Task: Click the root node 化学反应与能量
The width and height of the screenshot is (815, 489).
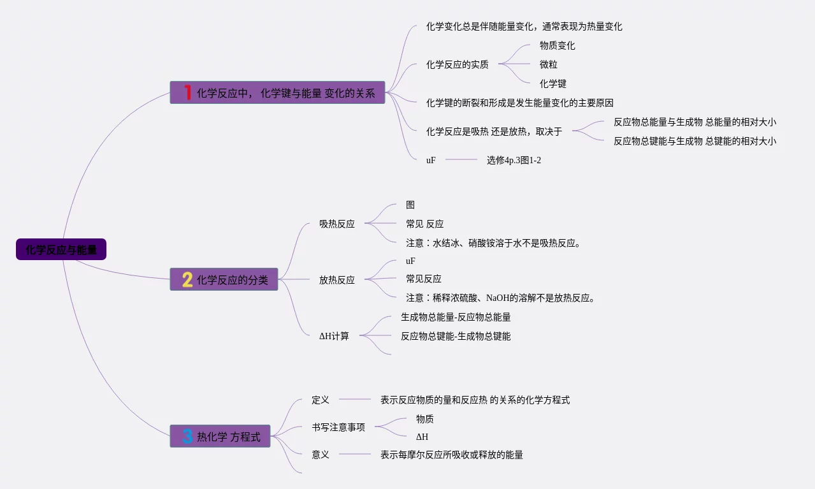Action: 61,249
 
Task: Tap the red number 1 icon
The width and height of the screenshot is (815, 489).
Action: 187,92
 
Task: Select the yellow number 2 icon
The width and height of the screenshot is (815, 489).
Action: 187,279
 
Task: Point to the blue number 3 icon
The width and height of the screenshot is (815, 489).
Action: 187,436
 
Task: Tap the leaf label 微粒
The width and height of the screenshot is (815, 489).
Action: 548,64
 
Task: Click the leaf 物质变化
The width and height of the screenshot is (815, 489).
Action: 557,45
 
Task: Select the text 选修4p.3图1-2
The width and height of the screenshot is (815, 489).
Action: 514,160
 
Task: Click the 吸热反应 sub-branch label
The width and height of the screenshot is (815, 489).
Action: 336,224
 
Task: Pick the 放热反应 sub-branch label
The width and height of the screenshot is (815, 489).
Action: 336,279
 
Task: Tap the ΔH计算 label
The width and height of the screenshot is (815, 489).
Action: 334,335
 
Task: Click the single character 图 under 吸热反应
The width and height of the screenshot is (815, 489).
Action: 410,205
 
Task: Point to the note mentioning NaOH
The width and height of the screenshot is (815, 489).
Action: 500,297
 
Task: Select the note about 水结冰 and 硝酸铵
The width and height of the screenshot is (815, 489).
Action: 493,242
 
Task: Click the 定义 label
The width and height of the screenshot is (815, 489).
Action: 320,400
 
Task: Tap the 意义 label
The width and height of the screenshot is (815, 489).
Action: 320,455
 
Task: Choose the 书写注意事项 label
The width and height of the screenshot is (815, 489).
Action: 338,427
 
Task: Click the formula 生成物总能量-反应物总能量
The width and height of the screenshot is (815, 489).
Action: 456,317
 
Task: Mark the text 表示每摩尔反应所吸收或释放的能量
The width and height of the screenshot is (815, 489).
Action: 451,455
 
